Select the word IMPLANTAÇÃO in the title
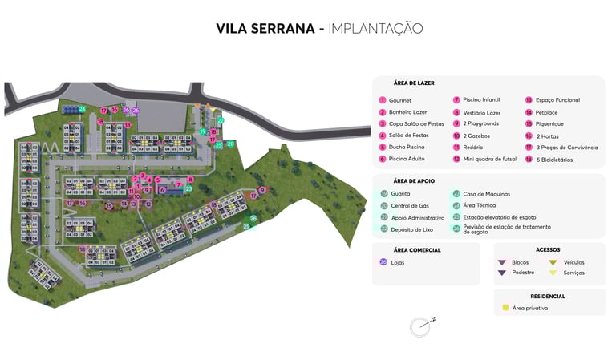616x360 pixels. pyautogui.click(x=375, y=29)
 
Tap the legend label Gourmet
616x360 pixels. pyautogui.click(x=400, y=100)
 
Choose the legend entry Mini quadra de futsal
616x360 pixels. pyautogui.click(x=488, y=159)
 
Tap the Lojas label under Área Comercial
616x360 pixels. pyautogui.click(x=398, y=262)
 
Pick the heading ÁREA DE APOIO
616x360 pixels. pyautogui.click(x=415, y=180)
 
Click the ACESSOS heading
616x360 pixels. pyautogui.click(x=548, y=249)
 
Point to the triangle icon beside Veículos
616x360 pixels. pyautogui.click(x=553, y=262)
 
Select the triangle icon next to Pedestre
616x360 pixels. pyautogui.click(x=502, y=273)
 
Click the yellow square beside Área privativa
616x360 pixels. pyautogui.click(x=505, y=307)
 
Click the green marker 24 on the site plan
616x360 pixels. pyautogui.click(x=82, y=109)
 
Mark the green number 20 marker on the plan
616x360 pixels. pyautogui.click(x=230, y=144)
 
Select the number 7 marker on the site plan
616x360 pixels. pyautogui.click(x=178, y=185)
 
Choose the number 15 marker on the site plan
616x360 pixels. pyautogui.click(x=109, y=206)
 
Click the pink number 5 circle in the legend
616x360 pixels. pyautogui.click(x=383, y=148)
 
